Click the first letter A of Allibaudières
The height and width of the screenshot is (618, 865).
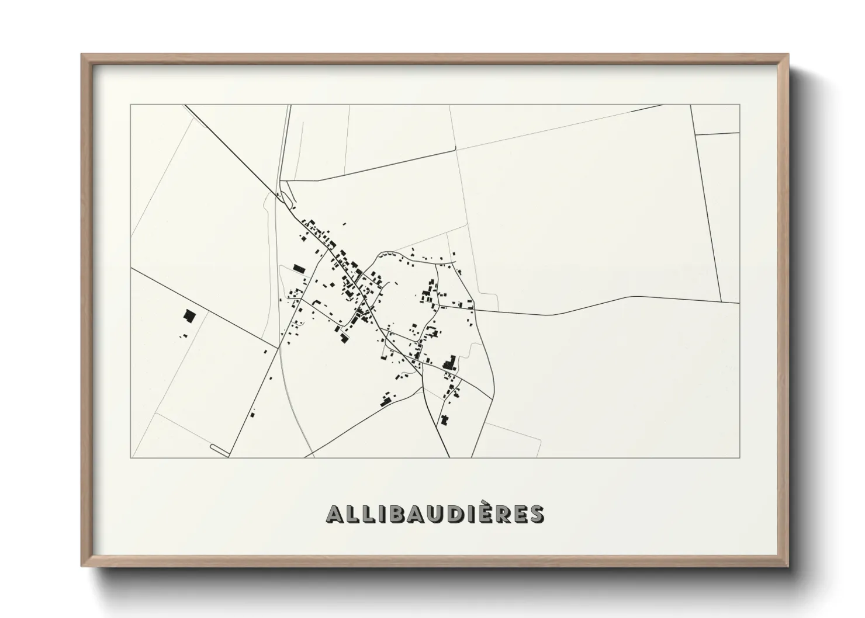tap(334, 514)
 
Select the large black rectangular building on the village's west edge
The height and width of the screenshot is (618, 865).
tap(299, 268)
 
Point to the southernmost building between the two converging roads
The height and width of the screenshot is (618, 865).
tap(444, 419)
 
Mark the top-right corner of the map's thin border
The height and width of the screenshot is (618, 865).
tap(739, 105)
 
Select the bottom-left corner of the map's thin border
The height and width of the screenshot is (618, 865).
tap(131, 457)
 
